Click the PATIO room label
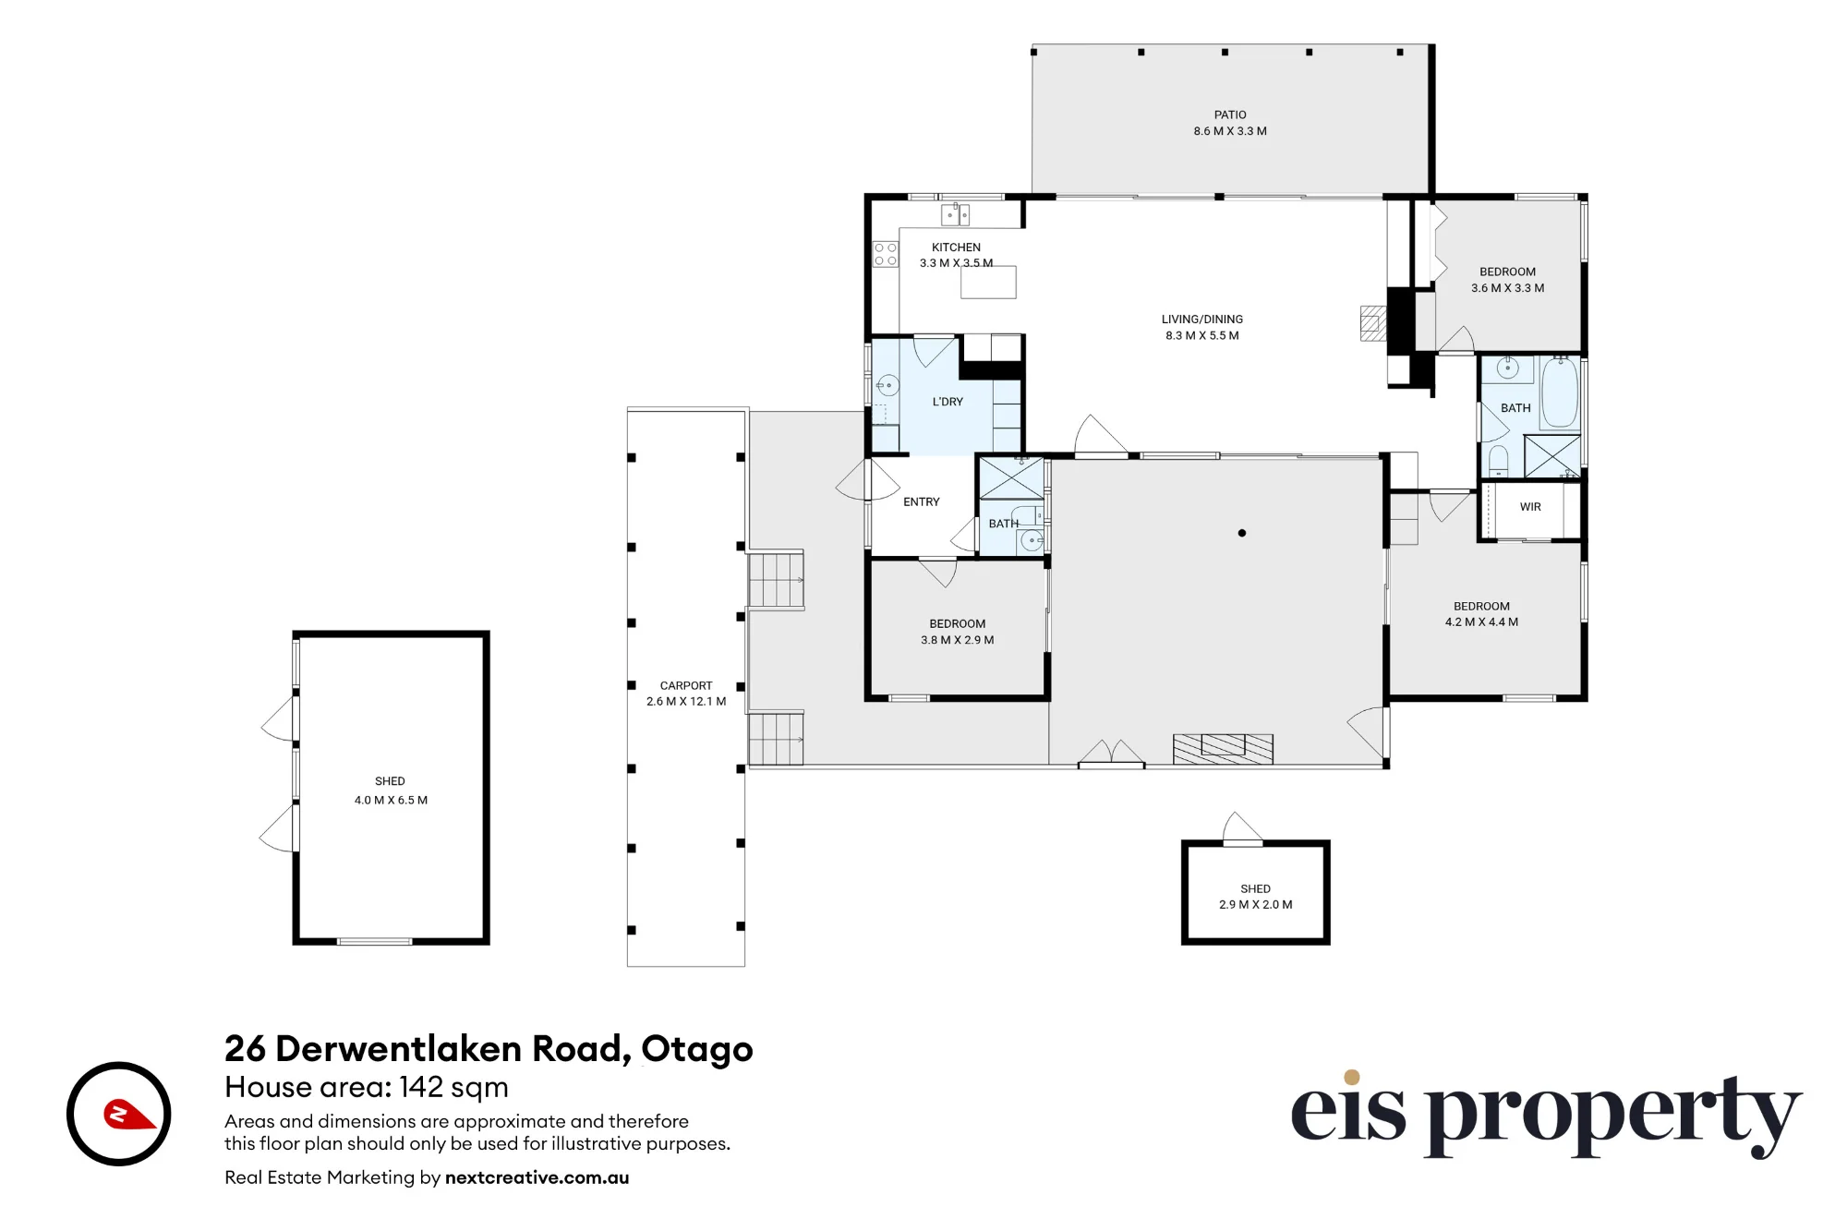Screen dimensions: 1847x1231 [x=1230, y=115]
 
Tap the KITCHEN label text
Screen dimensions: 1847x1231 [x=956, y=247]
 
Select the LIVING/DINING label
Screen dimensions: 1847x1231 [x=1202, y=320]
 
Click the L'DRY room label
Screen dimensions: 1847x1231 [x=948, y=402]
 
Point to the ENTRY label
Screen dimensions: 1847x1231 [x=922, y=501]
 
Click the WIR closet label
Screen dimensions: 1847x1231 [x=1530, y=507]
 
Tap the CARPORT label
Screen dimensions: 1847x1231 [x=686, y=685]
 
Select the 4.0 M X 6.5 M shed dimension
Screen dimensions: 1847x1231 [x=391, y=800]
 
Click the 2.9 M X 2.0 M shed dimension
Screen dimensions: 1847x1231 [x=1256, y=904]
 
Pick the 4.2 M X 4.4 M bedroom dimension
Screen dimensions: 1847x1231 [x=1482, y=622]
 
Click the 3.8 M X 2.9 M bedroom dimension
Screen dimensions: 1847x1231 [x=958, y=639]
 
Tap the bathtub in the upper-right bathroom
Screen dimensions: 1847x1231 [x=1560, y=392]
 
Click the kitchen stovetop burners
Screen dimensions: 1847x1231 [x=886, y=254]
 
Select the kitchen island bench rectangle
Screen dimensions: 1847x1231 [x=988, y=283]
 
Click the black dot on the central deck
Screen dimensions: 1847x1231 [x=1242, y=533]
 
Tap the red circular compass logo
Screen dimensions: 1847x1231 [x=119, y=1114]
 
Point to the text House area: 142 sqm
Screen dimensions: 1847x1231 [x=367, y=1087]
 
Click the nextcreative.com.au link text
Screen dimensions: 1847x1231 [x=537, y=1177]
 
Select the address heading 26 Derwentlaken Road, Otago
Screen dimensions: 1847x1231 [x=489, y=1049]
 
